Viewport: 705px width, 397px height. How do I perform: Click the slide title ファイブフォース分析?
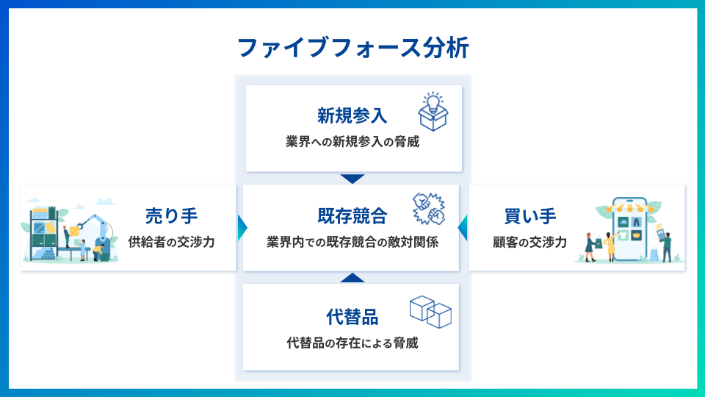tap(352, 48)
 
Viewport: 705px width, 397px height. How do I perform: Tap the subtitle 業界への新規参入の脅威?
tap(352, 141)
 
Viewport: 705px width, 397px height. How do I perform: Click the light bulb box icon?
tap(433, 112)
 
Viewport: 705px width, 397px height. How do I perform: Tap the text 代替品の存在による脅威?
tap(352, 343)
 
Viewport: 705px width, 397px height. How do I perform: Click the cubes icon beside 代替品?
tap(430, 312)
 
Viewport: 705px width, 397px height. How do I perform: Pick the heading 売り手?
tap(171, 216)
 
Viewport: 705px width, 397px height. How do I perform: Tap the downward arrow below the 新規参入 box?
tap(352, 179)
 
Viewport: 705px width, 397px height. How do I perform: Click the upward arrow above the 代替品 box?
tap(352, 278)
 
